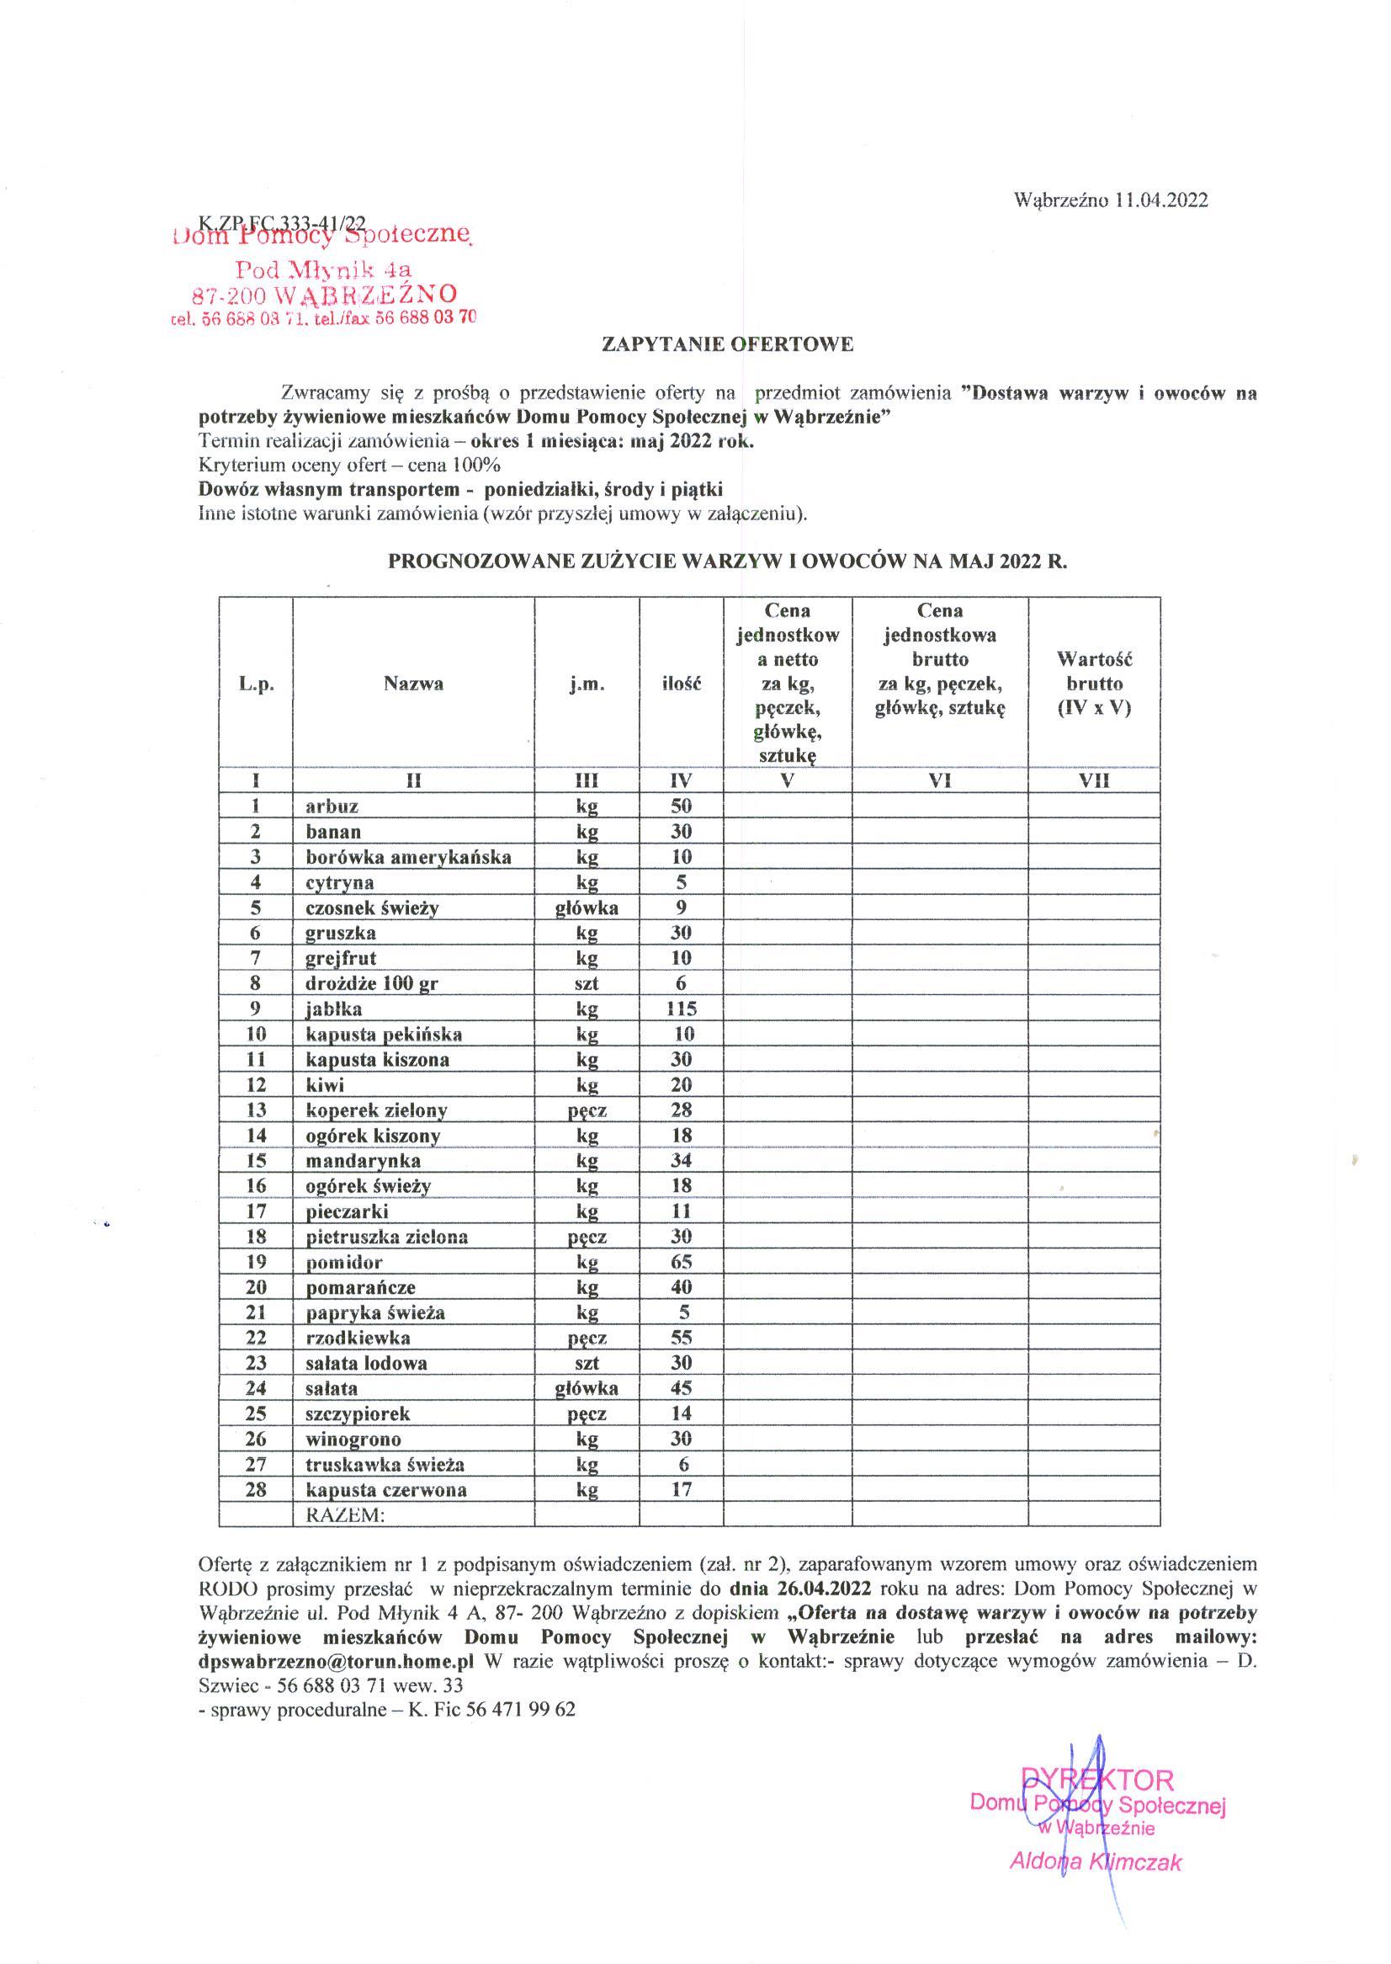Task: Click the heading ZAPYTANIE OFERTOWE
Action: (x=727, y=344)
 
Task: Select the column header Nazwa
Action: (x=413, y=684)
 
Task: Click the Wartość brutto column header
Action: (x=1094, y=684)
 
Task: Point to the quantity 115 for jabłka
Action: (x=681, y=1009)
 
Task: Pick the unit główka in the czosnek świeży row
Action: (x=587, y=907)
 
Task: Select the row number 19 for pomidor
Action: (x=255, y=1261)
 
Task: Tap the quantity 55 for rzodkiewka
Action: (x=681, y=1338)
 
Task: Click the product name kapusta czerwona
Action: (x=386, y=1489)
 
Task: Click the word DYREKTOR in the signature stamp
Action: (x=1096, y=1780)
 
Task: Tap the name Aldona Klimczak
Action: (x=1096, y=1862)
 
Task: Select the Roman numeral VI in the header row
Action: (x=940, y=780)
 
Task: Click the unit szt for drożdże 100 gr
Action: (x=587, y=984)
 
